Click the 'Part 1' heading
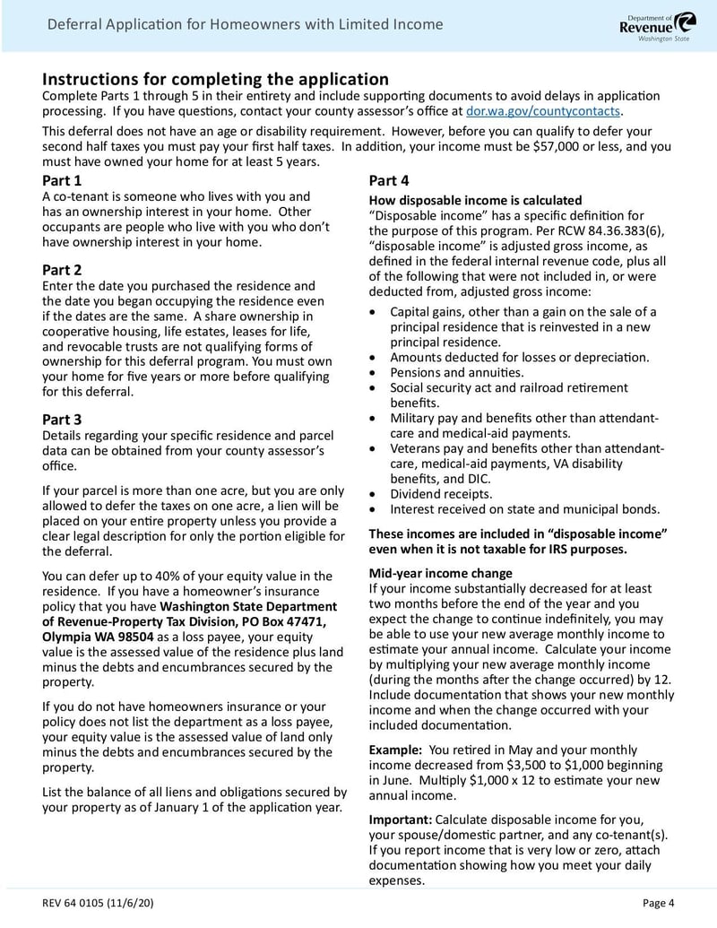[x=62, y=180]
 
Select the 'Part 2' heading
[x=62, y=270]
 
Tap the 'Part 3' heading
[x=62, y=419]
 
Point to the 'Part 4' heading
[x=389, y=180]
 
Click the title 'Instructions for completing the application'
[x=215, y=79]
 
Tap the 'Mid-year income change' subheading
[x=440, y=573]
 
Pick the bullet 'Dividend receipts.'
[x=440, y=494]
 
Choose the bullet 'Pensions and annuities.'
[x=456, y=372]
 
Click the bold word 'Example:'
[x=395, y=750]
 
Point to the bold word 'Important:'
[x=401, y=820]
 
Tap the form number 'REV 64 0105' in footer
[x=78, y=902]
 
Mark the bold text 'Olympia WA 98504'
[x=99, y=636]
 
